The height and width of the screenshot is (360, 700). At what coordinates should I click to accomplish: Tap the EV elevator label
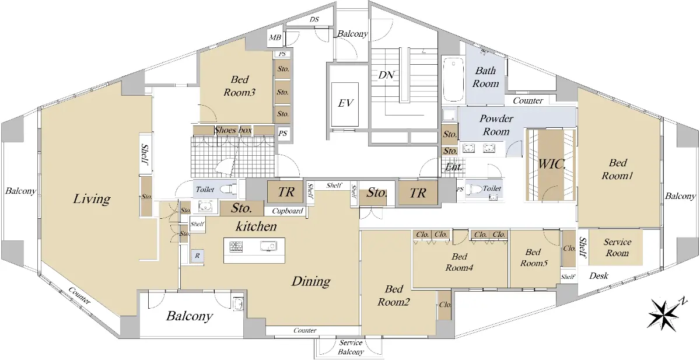pos(345,103)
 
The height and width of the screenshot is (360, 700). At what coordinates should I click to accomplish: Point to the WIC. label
pos(552,164)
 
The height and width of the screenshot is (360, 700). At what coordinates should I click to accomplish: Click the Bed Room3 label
pos(240,86)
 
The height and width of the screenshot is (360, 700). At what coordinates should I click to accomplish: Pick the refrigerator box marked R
pos(198,256)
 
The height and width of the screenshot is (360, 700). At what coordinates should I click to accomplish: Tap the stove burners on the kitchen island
pos(236,247)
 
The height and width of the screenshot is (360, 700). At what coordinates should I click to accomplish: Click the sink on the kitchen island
pos(268,246)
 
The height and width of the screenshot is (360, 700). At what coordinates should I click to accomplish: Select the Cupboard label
pos(288,211)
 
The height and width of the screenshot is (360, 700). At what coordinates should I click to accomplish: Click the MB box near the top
pos(275,38)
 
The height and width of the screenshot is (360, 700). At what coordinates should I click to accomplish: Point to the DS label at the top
pos(314,19)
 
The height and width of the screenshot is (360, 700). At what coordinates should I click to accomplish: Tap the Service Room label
pos(617,247)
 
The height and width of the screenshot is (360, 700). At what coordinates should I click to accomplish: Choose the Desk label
pos(598,276)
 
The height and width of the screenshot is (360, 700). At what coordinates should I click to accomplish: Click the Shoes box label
pos(233,130)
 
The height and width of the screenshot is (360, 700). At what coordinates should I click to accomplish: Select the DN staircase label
pos(386,75)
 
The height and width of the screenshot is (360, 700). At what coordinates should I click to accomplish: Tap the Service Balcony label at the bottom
pos(351,347)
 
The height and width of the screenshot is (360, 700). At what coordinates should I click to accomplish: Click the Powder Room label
pos(496,125)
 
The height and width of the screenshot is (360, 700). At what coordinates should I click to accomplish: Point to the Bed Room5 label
pos(534,257)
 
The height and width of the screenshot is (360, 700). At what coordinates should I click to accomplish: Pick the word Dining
pos(311,282)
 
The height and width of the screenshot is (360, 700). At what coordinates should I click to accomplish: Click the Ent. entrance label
pos(453,167)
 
